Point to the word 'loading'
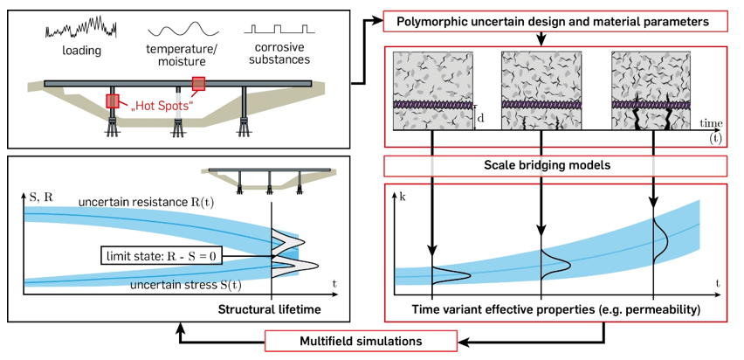point(83,51)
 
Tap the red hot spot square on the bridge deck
point(199,84)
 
